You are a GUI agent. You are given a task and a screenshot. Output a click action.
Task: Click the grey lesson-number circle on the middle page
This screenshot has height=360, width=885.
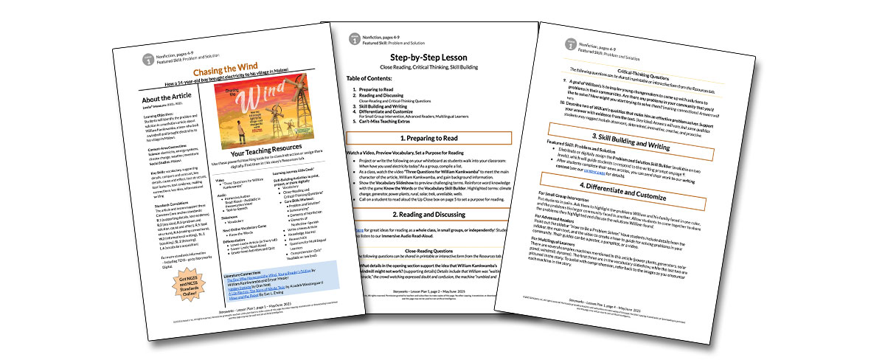(x=355, y=38)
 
